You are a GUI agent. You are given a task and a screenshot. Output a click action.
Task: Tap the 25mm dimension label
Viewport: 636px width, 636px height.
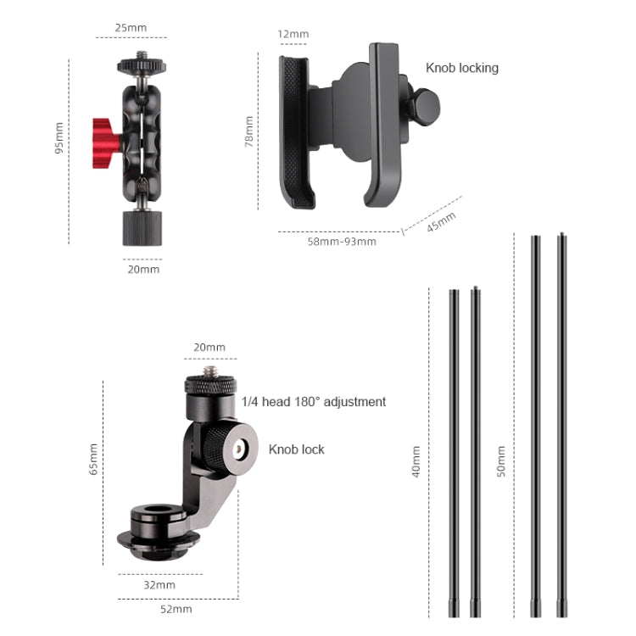click(131, 28)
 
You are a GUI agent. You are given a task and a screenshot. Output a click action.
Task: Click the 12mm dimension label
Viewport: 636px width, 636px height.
click(293, 35)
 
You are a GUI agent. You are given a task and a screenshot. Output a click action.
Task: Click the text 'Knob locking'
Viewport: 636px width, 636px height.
click(461, 68)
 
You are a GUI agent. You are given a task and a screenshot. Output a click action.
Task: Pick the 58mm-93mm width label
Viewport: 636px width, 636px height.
click(340, 241)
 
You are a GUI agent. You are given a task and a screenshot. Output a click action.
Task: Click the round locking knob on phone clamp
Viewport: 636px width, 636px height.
click(424, 104)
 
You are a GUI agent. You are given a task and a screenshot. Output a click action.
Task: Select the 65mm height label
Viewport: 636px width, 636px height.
click(93, 459)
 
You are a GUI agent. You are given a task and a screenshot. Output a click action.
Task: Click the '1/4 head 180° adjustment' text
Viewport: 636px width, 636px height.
click(314, 402)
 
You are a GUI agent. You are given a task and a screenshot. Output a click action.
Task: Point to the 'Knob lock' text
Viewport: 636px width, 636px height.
click(297, 449)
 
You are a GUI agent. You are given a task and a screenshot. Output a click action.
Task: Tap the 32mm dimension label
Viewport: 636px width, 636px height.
click(159, 584)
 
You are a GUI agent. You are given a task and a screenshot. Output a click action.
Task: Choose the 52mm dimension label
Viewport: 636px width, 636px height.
click(176, 609)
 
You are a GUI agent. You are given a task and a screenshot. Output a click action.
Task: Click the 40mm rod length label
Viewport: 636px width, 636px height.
click(416, 462)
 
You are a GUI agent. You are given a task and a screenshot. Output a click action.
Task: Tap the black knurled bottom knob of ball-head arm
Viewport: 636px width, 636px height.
click(142, 226)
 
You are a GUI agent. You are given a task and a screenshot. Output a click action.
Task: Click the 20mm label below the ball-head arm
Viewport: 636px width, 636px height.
click(143, 269)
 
